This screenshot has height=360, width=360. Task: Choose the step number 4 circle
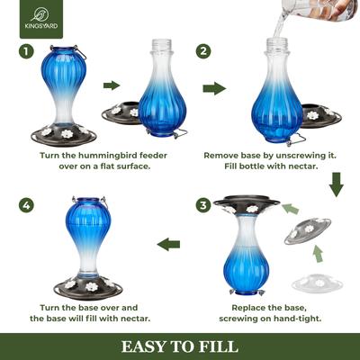pyautogui.click(x=26, y=206)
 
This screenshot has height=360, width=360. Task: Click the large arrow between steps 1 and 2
pyautogui.click(x=214, y=88)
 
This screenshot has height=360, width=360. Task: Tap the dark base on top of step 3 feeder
pyautogui.click(x=246, y=204)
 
